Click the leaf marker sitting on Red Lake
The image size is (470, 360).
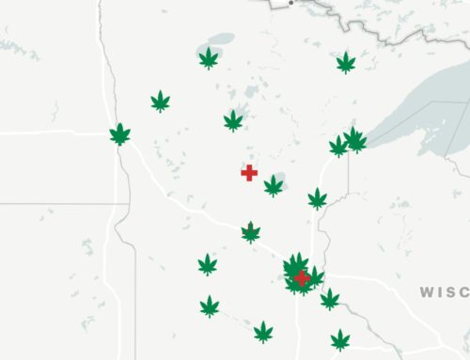coord(208,59)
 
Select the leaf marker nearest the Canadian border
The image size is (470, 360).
coord(347,63)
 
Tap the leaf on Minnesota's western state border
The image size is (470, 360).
coord(119,134)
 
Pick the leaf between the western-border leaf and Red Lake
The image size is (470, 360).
coord(161,101)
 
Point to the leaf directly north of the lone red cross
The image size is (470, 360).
coord(233,120)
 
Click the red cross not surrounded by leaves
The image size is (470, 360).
coord(249,172)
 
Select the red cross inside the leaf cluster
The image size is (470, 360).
coord(302,277)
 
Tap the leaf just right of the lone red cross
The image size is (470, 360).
coord(273,186)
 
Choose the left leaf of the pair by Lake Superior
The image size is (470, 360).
coord(338,146)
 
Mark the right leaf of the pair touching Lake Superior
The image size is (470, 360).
coord(355,140)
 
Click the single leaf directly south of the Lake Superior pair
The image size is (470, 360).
coord(318,198)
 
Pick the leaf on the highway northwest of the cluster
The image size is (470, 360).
coord(251,231)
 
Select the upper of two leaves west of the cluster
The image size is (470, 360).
coord(208,264)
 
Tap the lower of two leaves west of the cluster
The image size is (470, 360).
coord(210,306)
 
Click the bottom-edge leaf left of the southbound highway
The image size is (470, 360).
coord(263,332)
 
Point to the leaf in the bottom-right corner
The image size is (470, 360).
coord(339,339)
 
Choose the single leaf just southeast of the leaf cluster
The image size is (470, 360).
coord(330,299)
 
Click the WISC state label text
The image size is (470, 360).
coord(443,291)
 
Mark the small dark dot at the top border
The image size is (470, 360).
coord(291,3)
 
